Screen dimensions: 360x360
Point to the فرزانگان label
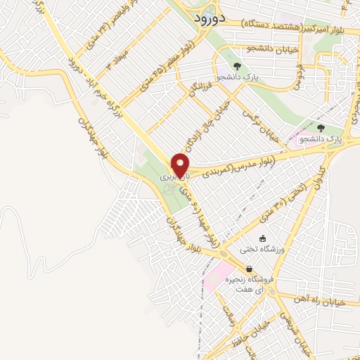pyautogui.click(x=201, y=89)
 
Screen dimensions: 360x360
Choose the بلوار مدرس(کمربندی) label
pyautogui.click(x=236, y=166)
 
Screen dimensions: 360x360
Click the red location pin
pyautogui.click(x=181, y=164)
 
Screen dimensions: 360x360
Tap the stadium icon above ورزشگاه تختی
pyautogui.click(x=262, y=238)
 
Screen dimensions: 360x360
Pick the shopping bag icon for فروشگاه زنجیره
pyautogui.click(x=249, y=269)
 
